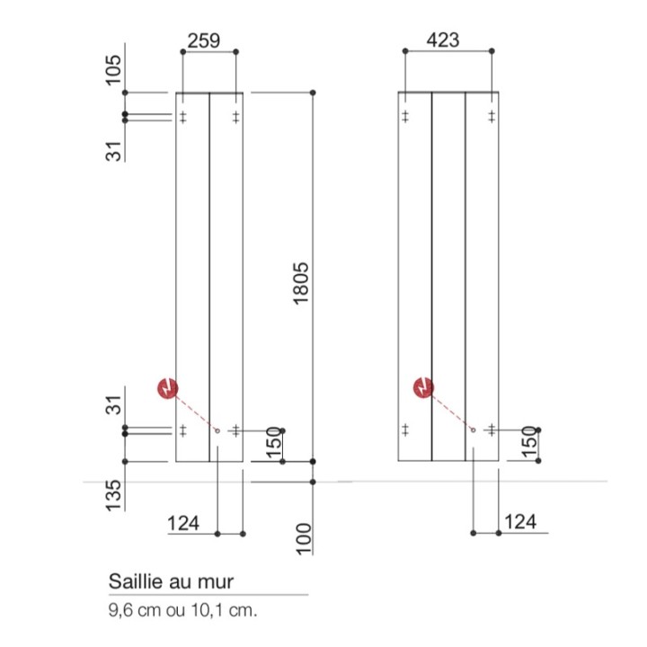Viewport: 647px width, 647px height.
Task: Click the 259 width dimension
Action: pyautogui.click(x=203, y=40)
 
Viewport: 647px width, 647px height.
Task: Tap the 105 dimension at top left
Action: pyautogui.click(x=114, y=69)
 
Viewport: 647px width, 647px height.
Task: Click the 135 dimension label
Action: pyautogui.click(x=114, y=493)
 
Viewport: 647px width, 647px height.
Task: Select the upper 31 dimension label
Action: pyautogui.click(x=114, y=150)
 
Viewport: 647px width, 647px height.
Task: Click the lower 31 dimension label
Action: pyautogui.click(x=114, y=405)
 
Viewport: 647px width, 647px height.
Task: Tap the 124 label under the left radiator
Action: pyautogui.click(x=182, y=522)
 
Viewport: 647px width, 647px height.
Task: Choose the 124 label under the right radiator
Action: pyautogui.click(x=521, y=522)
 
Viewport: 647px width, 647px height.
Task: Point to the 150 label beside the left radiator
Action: pyautogui.click(x=275, y=442)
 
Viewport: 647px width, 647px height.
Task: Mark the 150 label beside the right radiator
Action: pyautogui.click(x=529, y=442)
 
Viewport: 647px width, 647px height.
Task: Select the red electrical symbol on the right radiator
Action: pyautogui.click(x=422, y=387)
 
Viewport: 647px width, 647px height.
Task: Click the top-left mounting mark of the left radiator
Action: pyautogui.click(x=182, y=117)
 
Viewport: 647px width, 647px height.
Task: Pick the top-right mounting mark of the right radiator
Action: pyautogui.click(x=492, y=117)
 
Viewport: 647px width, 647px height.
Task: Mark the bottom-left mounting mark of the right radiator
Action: pyautogui.click(x=405, y=430)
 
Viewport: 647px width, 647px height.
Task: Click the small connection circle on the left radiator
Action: pyautogui.click(x=218, y=430)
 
